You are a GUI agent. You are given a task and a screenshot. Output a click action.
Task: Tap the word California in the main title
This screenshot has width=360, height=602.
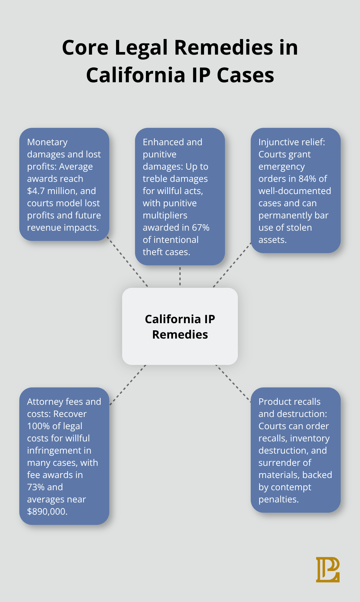click(136, 75)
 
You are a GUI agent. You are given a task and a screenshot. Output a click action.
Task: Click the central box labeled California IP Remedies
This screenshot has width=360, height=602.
click(180, 326)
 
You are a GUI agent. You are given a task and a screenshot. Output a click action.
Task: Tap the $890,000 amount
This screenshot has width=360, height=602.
click(47, 511)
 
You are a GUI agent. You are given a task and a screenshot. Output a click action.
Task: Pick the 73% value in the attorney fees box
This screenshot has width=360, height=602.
click(36, 487)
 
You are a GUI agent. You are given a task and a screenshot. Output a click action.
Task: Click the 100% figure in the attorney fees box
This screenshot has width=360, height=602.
click(38, 426)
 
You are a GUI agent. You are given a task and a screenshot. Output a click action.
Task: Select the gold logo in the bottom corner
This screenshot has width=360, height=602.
click(328, 570)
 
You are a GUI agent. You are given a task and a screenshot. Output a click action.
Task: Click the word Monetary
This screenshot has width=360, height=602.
click(47, 142)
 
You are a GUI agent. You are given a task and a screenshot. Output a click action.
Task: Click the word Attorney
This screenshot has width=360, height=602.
click(45, 402)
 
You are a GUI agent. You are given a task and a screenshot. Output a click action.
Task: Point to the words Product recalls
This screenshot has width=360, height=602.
click(289, 402)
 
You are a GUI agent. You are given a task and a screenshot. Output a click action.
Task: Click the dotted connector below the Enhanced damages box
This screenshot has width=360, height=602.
click(180, 276)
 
